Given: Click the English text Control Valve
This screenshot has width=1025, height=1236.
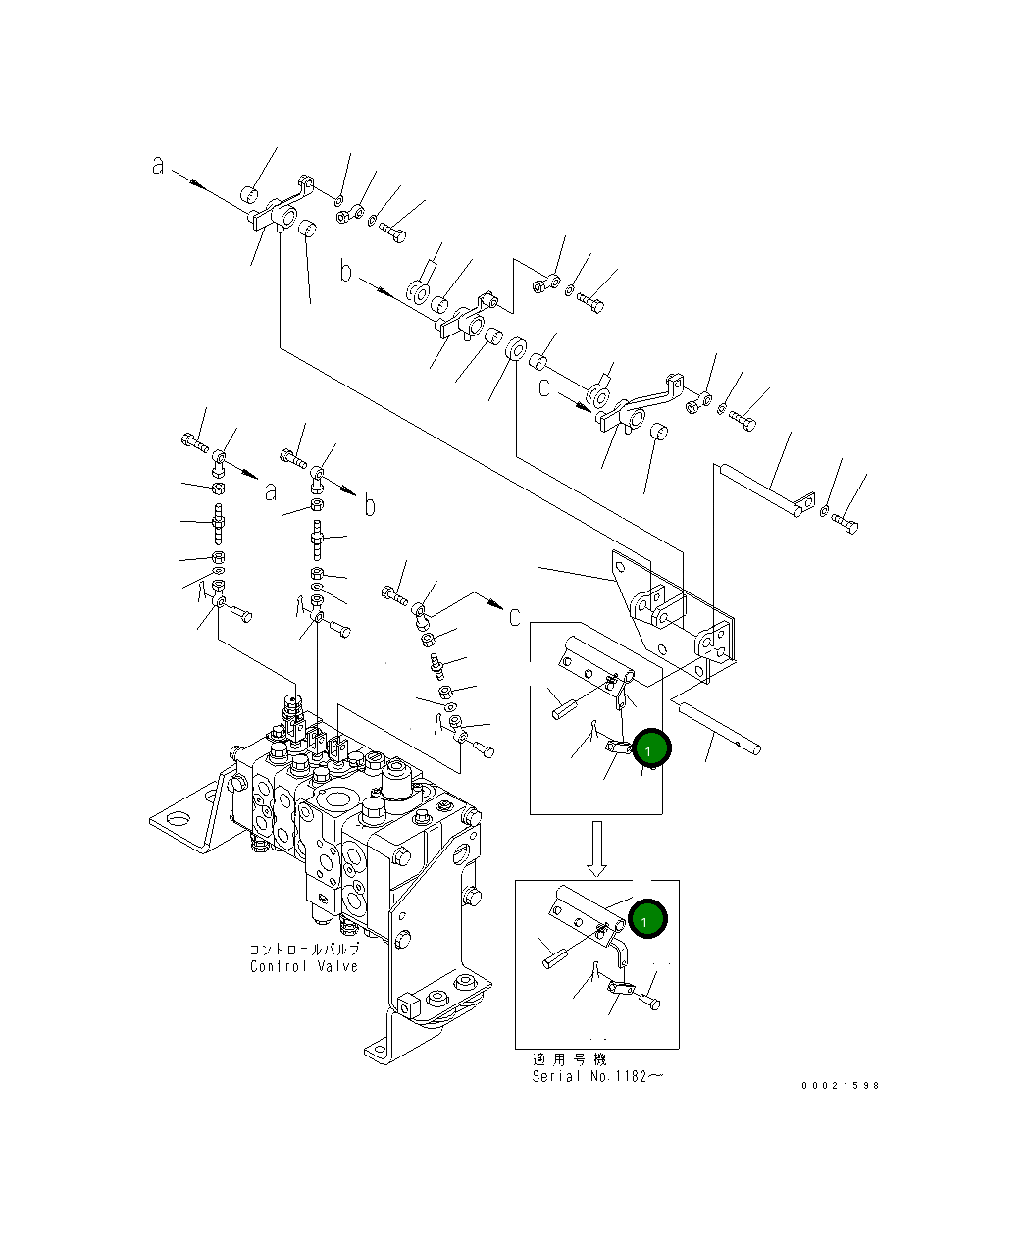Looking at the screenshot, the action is [304, 966].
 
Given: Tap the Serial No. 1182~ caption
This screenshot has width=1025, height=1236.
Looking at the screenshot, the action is [597, 1076].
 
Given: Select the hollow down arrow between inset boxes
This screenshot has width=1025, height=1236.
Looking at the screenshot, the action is [596, 849].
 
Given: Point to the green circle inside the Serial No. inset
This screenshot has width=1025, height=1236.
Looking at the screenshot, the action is [647, 919].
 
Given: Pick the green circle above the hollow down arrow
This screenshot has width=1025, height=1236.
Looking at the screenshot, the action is [651, 748].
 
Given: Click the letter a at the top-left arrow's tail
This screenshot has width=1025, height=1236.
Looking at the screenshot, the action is [157, 165].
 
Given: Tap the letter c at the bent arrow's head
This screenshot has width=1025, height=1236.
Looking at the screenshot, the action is [515, 617].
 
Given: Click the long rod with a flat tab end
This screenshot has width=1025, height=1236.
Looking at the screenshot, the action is [767, 491].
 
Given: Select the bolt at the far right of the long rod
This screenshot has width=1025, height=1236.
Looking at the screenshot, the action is [845, 524].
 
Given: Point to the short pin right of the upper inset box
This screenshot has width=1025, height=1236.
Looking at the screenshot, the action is [720, 728].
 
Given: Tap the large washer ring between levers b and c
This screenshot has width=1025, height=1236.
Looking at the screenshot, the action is [516, 348].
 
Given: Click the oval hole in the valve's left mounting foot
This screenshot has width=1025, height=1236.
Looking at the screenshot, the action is [177, 819].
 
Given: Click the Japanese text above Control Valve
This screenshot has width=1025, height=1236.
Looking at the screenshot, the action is [304, 950].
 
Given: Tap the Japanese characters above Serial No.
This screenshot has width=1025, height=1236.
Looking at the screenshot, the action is [569, 1059].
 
